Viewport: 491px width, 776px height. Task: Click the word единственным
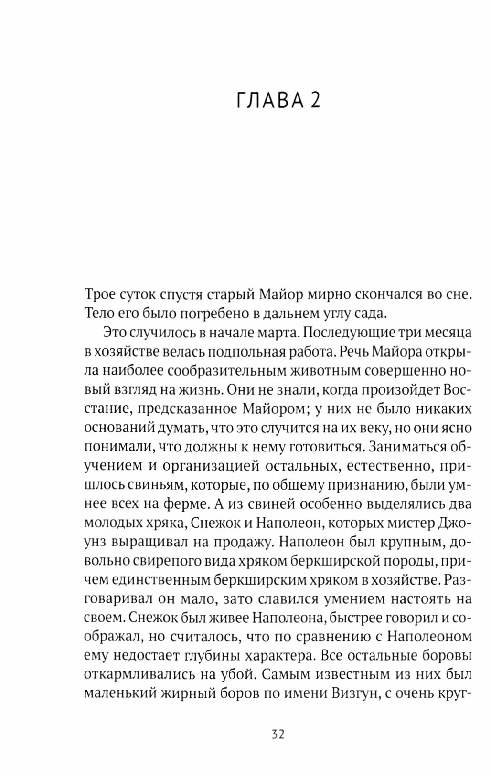tap(161, 580)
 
